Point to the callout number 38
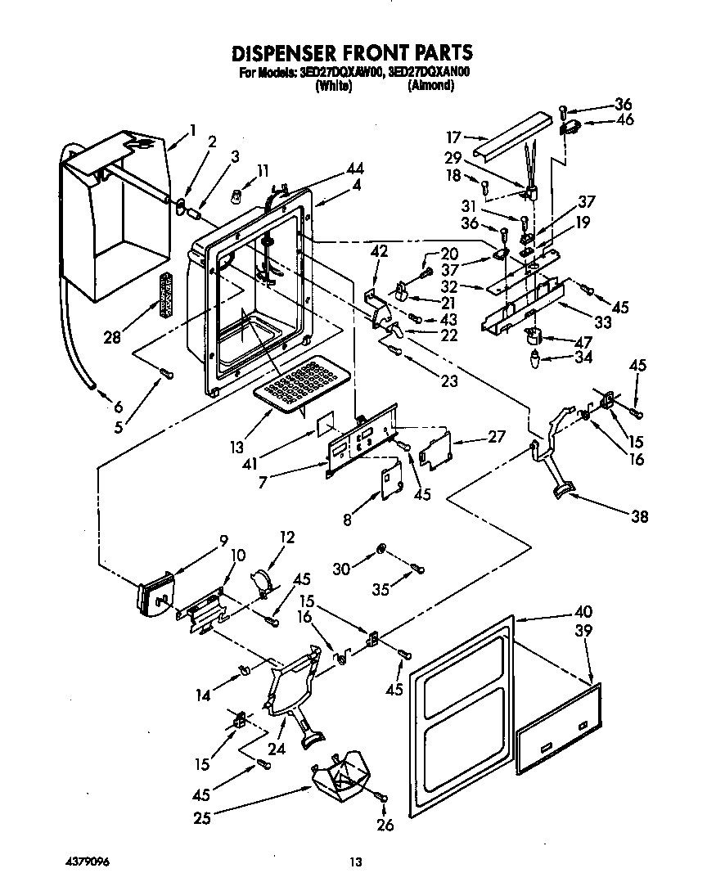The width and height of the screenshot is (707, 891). [x=640, y=516]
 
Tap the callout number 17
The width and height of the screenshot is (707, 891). [x=453, y=137]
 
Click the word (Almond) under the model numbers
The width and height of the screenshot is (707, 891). [x=430, y=85]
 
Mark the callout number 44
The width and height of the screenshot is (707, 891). [x=354, y=169]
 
